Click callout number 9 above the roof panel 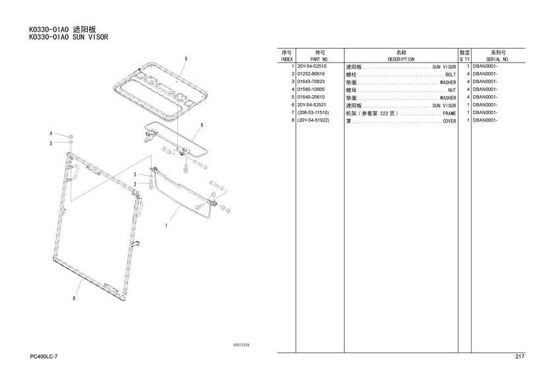(186, 59)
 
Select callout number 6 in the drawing (202, 125)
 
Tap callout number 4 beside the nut (51, 133)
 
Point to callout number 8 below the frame (74, 298)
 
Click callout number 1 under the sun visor (166, 225)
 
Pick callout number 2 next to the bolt (135, 184)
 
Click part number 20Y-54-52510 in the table (311, 66)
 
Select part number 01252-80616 (311, 74)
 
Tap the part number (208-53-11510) (313, 113)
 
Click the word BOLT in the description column (450, 75)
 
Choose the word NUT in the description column (452, 90)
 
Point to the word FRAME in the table (449, 114)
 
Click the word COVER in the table (449, 121)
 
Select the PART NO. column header (320, 59)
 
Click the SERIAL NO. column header (497, 59)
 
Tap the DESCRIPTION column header (401, 59)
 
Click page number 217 (520, 356)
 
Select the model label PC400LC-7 (44, 356)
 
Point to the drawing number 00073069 (241, 344)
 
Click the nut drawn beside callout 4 (71, 136)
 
